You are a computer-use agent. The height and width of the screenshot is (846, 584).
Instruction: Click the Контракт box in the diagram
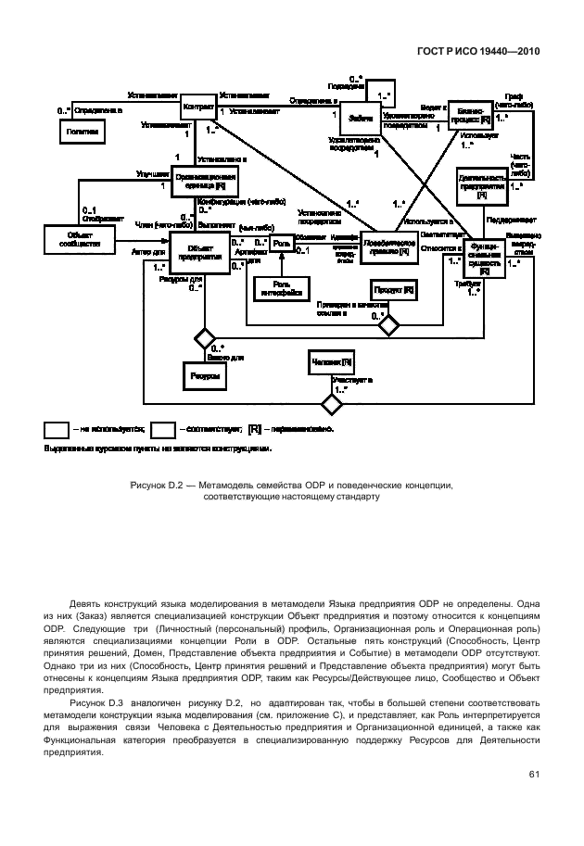click(x=197, y=107)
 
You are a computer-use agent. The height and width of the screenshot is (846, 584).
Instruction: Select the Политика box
click(x=81, y=133)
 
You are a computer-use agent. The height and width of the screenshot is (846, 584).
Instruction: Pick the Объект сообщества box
click(x=78, y=239)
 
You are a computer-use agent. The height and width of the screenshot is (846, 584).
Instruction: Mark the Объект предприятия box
click(x=200, y=253)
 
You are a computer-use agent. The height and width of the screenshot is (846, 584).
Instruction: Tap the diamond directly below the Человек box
click(x=331, y=404)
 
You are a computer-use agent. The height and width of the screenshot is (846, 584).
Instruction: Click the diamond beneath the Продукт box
click(x=388, y=324)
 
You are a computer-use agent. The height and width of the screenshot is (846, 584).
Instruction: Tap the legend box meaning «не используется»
click(x=56, y=429)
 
